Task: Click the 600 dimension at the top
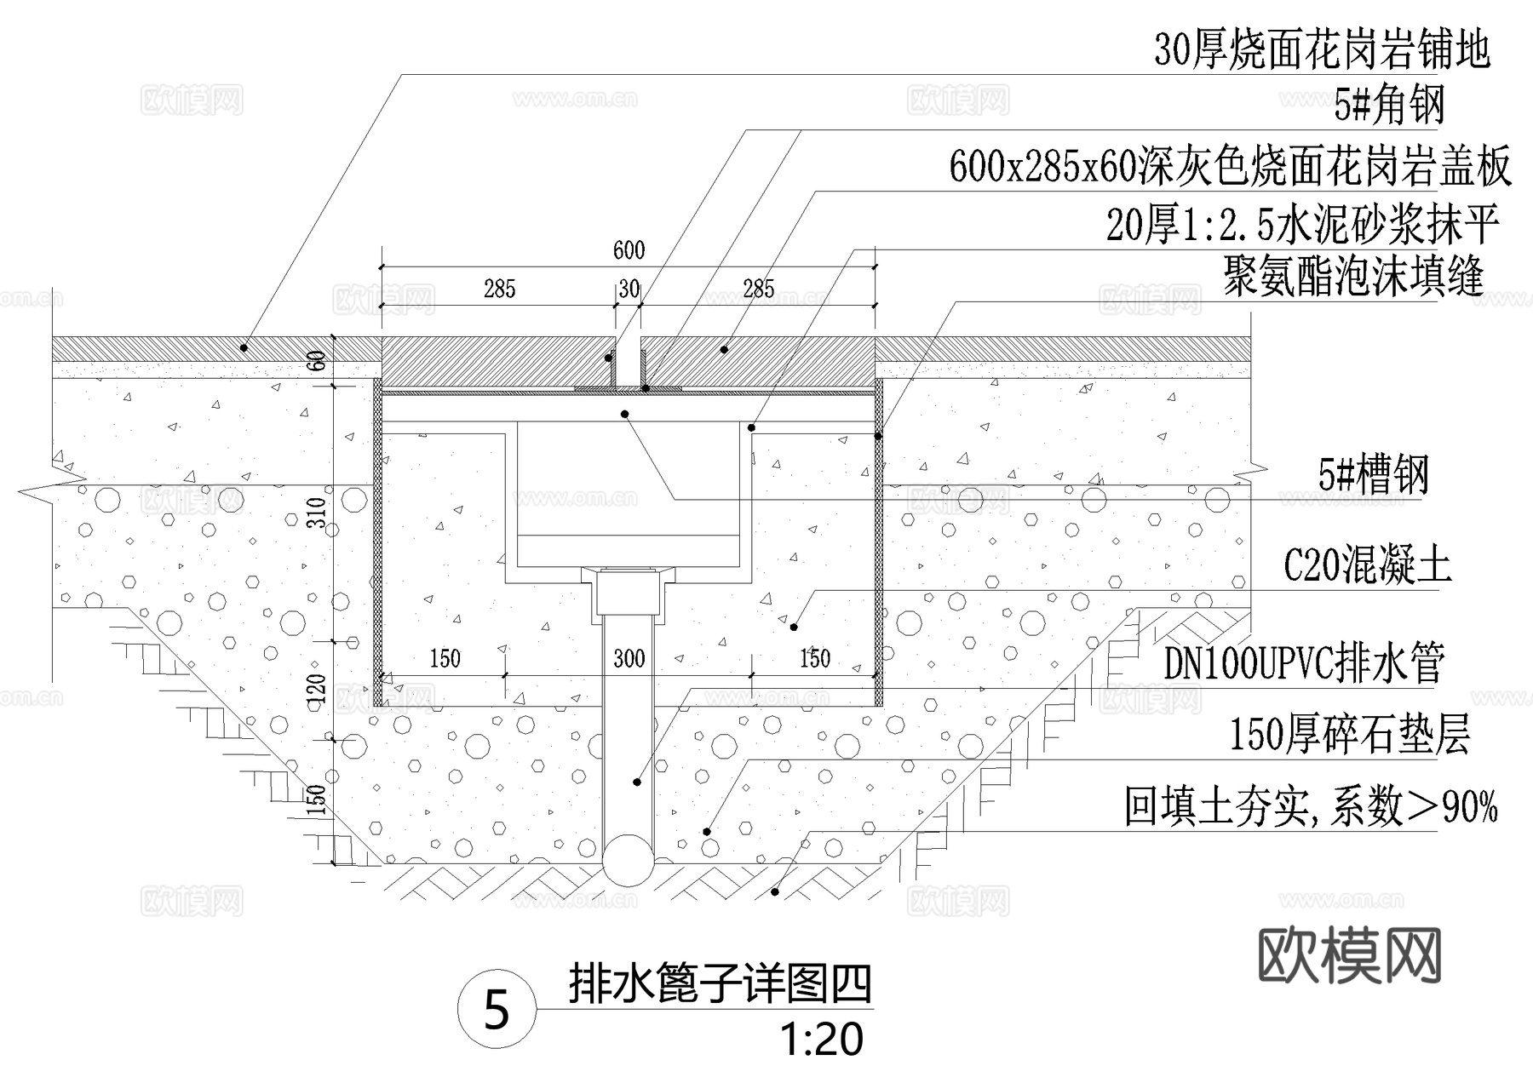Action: coord(629,250)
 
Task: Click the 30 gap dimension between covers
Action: coord(629,289)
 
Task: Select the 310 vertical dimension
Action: coord(318,513)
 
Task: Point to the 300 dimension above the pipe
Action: coord(629,658)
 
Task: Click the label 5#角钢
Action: coord(1389,106)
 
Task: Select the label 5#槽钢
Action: coord(1373,475)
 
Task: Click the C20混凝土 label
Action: coord(1367,564)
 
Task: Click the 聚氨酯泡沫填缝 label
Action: coord(1353,277)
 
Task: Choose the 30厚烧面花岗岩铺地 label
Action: coord(1322,50)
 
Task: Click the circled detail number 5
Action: coord(497,1011)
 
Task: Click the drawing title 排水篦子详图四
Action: coord(720,985)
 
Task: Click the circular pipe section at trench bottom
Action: coord(629,860)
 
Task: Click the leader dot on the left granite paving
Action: coord(244,347)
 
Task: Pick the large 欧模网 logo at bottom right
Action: coord(1349,956)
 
